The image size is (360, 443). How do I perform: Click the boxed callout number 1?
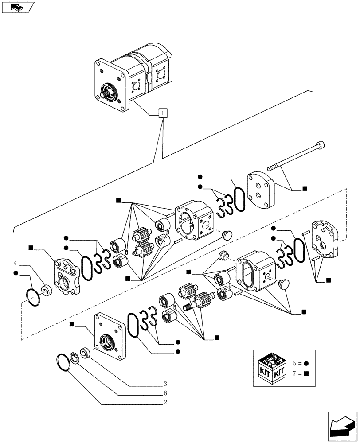coord(164,113)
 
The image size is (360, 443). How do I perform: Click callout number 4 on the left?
coord(15,263)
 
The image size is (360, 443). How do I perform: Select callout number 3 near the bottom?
coord(165,383)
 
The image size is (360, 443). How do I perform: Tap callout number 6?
coord(165,393)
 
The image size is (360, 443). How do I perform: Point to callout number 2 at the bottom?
coord(165,403)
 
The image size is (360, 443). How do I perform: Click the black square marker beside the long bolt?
coord(305,189)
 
